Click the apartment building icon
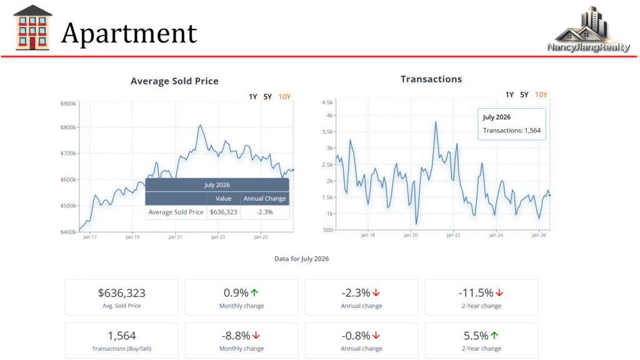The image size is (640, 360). (32, 27)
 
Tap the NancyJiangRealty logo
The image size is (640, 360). (589, 29)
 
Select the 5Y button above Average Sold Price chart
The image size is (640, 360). (267, 97)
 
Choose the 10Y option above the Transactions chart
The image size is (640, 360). (541, 95)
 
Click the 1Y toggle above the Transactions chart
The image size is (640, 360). (509, 95)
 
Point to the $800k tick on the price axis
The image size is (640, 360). (68, 127)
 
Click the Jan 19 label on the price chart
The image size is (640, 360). (132, 237)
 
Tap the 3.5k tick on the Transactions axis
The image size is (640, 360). (327, 131)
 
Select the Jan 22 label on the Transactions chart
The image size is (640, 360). (453, 235)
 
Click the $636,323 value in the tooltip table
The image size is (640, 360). (223, 212)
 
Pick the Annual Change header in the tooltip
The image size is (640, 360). (264, 198)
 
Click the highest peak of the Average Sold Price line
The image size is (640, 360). (200, 125)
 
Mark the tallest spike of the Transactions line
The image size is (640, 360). (436, 122)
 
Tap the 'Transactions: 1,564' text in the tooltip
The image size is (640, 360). (511, 131)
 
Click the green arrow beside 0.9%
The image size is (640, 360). (254, 292)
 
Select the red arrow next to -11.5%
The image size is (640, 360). (499, 292)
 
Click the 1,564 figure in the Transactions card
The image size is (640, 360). (122, 336)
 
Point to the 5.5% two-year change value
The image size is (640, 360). (476, 336)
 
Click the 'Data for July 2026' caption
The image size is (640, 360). (302, 259)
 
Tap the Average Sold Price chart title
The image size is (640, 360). (174, 81)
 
